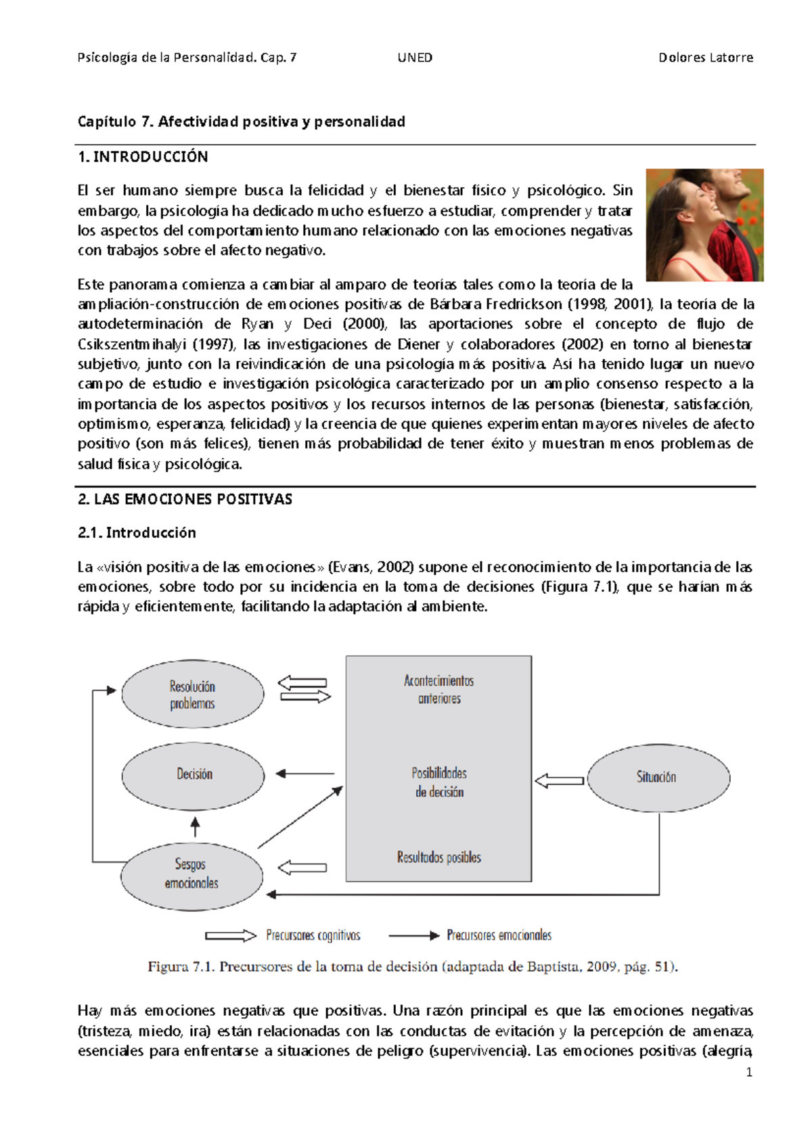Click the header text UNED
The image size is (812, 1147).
[x=415, y=57]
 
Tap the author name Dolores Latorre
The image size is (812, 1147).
[x=705, y=57]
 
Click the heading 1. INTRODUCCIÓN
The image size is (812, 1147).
[x=143, y=157]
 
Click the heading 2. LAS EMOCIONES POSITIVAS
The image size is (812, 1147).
[x=185, y=500]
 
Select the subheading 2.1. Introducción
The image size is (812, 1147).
[x=137, y=533]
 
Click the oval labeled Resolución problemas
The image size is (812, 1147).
[x=192, y=695]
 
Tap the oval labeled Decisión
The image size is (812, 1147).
[x=194, y=774]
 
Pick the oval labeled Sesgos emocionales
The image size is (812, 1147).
[x=191, y=874]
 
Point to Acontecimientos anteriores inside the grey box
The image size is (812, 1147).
[x=439, y=689]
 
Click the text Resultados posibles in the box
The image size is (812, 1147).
[x=439, y=858]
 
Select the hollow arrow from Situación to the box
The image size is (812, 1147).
[x=560, y=781]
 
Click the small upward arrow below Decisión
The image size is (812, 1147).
[x=196, y=826]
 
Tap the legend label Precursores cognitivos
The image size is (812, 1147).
[x=313, y=935]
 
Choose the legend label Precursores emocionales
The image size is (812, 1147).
[x=499, y=935]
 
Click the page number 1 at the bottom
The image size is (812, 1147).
[x=748, y=1072]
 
